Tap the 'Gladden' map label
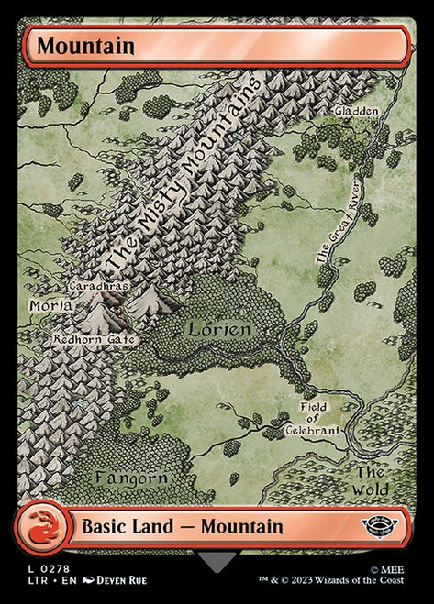click(x=356, y=111)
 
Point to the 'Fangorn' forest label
click(x=130, y=478)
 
